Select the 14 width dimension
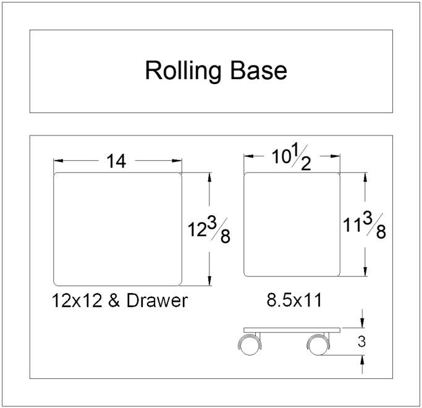click(x=116, y=161)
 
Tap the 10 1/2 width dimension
click(x=292, y=159)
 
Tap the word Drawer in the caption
click(x=156, y=301)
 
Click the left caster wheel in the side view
click(x=249, y=346)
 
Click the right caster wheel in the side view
click(x=317, y=346)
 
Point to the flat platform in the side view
click(x=292, y=329)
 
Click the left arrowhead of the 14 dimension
click(x=59, y=161)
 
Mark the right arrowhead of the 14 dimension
click(x=177, y=161)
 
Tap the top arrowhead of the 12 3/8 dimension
click(x=210, y=177)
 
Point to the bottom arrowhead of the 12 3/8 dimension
click(x=210, y=281)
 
